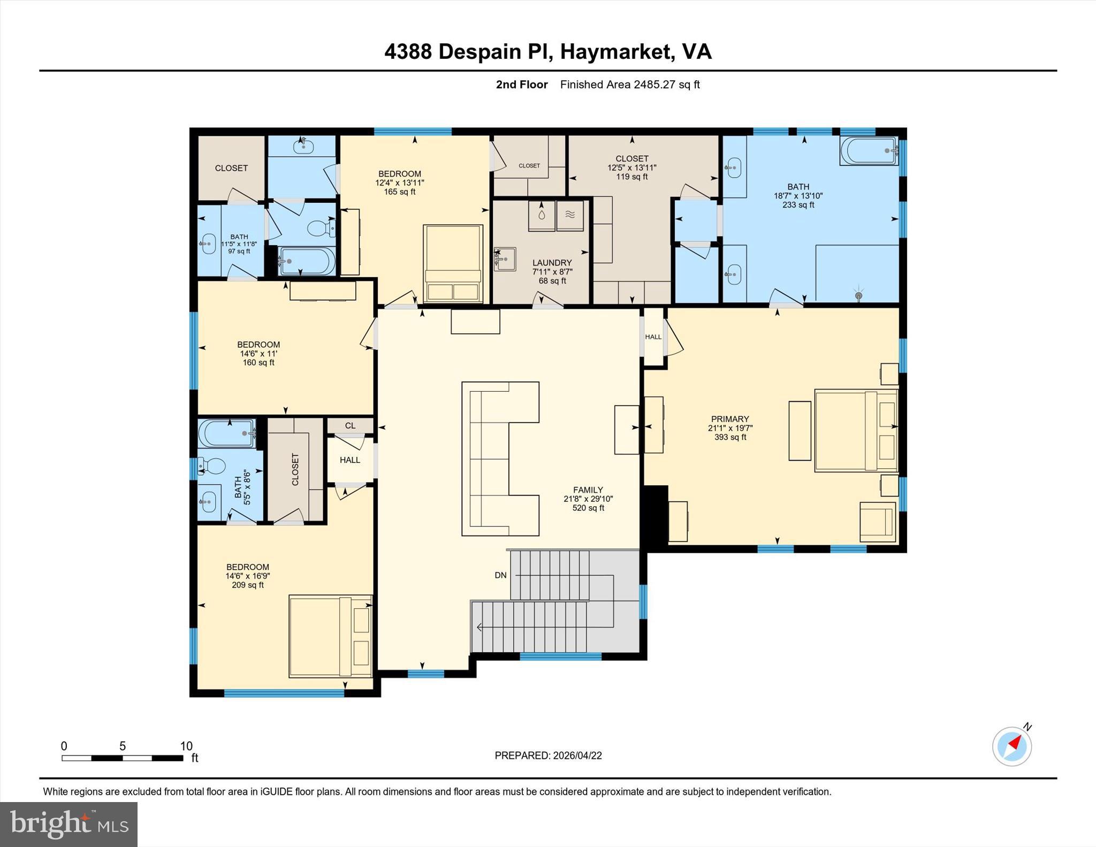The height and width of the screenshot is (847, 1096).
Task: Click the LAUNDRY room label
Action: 552,263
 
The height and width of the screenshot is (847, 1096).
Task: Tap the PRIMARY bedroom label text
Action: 729,419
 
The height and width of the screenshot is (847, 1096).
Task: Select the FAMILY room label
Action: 588,490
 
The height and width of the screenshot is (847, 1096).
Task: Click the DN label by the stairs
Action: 500,575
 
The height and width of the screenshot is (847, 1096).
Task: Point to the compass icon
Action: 1011,746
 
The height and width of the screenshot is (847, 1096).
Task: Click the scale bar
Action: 122,758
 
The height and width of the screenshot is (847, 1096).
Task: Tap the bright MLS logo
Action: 68,824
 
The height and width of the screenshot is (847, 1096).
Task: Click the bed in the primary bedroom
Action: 855,431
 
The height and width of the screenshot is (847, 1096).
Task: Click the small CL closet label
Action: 350,425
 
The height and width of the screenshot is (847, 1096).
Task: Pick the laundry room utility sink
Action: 504,258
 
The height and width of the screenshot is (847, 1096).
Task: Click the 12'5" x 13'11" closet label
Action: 631,167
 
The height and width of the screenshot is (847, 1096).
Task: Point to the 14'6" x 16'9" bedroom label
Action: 247,576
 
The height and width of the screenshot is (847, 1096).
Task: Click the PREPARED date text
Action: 548,756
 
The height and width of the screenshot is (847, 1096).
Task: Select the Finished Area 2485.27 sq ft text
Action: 629,85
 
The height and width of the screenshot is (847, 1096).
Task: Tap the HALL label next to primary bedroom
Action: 653,337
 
